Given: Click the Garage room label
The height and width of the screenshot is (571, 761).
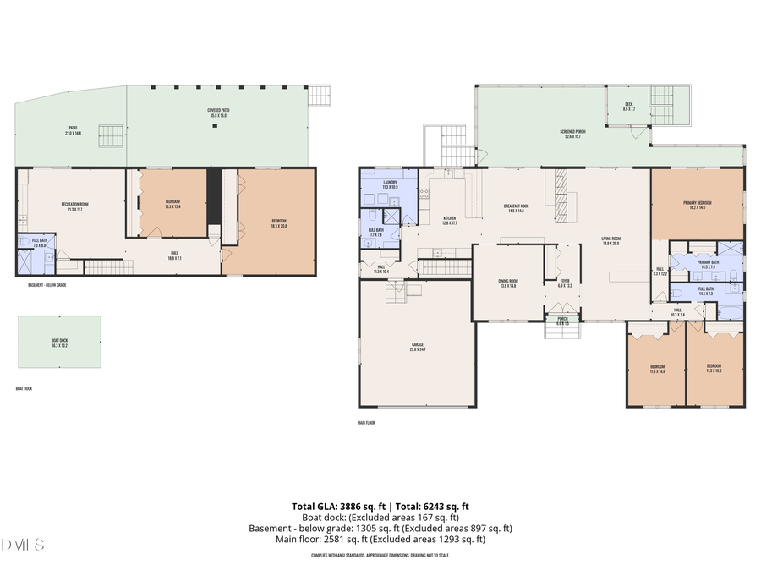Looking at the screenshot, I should pyautogui.click(x=417, y=344).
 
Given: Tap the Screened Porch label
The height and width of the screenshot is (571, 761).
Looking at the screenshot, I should pyautogui.click(x=572, y=134).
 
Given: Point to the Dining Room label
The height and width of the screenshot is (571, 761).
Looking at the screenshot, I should pyautogui.click(x=508, y=283).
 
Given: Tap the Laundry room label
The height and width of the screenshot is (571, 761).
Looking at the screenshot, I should pyautogui.click(x=390, y=184).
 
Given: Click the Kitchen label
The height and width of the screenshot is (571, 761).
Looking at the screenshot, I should pyautogui.click(x=450, y=220).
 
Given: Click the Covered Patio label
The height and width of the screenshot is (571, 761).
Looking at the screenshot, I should pyautogui.click(x=219, y=113).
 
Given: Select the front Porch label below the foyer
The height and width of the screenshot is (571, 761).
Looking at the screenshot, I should pyautogui.click(x=563, y=321).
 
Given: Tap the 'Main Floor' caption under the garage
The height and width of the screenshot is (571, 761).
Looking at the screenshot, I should pyautogui.click(x=367, y=422).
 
